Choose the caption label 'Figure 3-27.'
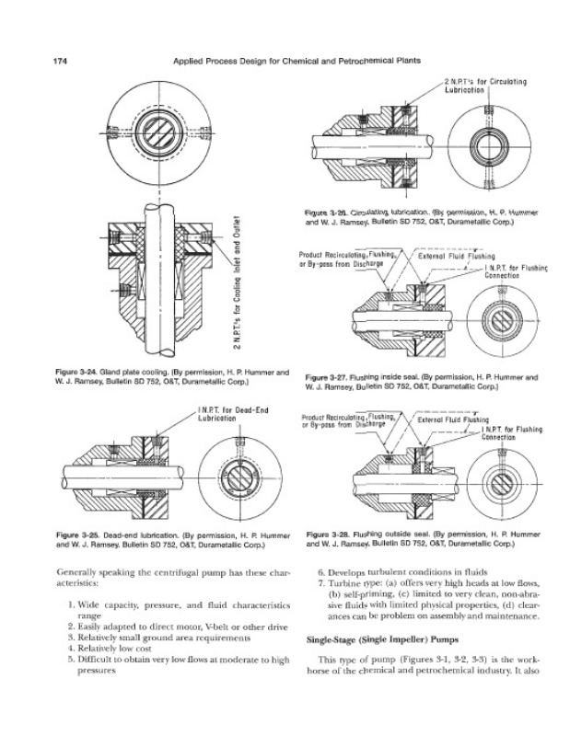[x=330, y=377]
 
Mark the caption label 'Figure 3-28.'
[x=330, y=534]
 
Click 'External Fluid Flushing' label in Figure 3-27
[x=457, y=256]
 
